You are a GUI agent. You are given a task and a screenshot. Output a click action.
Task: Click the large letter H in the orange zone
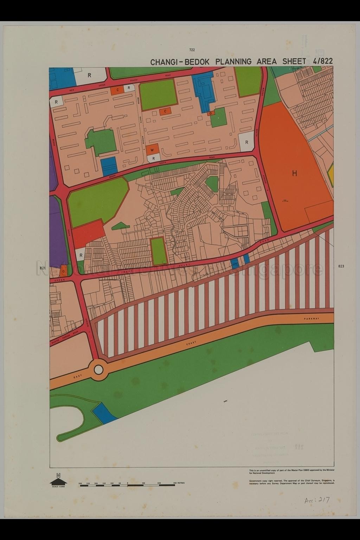294,173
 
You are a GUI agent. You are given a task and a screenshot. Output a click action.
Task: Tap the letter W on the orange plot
152,150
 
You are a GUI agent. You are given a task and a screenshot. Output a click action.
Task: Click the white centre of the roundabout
98,369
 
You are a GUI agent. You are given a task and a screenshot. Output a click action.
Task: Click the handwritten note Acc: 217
317,500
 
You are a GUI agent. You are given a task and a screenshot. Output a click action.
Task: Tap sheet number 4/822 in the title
322,61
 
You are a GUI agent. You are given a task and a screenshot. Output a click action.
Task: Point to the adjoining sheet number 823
341,266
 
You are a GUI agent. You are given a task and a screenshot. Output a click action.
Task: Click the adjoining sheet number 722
192,50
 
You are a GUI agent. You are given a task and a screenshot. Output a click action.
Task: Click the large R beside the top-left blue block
89,75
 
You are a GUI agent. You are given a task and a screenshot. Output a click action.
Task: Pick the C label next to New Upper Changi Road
118,90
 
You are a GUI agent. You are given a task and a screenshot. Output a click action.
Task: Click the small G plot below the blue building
211,114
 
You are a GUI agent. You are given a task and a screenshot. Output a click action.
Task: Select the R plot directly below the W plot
154,159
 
